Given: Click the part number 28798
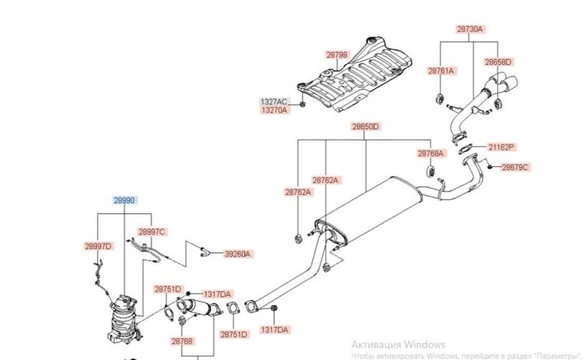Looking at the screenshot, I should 337,55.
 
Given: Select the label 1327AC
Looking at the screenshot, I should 274,102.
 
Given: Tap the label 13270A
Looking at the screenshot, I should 274,110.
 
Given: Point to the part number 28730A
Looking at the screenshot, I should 470,30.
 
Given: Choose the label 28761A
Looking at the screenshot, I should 440,71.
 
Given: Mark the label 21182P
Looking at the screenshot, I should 501,147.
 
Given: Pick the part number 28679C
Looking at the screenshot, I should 515,167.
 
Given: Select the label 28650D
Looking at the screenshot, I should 365,127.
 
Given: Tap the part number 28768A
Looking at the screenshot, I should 430,153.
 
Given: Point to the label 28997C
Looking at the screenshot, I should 152,231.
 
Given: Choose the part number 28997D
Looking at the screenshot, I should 98,246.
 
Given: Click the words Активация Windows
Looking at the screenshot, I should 398,344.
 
